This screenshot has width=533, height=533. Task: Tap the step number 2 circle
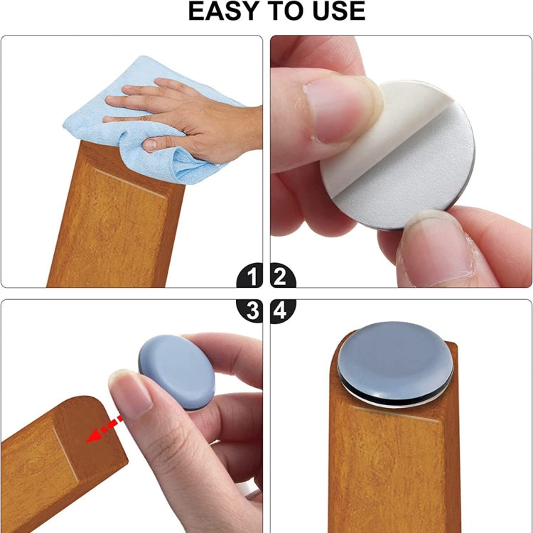[x=282, y=275]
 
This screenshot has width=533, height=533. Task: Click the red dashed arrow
[x=104, y=430]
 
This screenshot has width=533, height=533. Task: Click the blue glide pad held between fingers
[x=176, y=372]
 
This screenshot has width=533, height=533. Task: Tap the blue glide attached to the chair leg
[x=394, y=359]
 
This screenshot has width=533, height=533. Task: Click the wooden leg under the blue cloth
[x=114, y=220]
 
